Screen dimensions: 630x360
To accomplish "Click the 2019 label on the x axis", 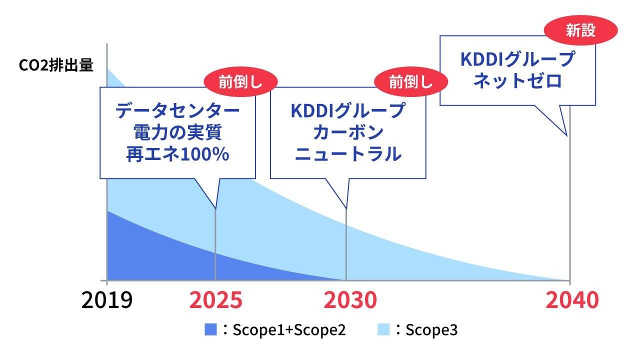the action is (x=107, y=300).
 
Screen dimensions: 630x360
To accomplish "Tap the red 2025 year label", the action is (x=215, y=300).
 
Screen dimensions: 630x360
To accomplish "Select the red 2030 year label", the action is (x=350, y=300).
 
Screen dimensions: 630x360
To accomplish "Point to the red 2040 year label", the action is (x=572, y=300).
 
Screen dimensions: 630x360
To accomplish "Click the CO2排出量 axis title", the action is (x=56, y=65).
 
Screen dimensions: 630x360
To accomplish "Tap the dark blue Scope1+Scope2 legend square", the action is (x=210, y=329).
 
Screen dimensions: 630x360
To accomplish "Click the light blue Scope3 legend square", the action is (x=383, y=329).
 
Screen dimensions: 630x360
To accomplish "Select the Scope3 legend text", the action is (x=431, y=330).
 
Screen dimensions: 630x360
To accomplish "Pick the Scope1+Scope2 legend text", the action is (x=289, y=330).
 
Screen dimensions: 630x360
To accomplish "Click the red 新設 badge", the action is (x=581, y=30).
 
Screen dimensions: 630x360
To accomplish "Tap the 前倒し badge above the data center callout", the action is (x=241, y=82).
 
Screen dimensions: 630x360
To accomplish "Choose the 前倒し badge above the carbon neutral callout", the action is (x=411, y=82).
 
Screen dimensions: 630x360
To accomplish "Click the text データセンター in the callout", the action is (x=178, y=110).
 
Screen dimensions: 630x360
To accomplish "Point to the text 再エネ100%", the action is (x=178, y=154).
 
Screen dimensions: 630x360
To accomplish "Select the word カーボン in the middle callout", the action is (x=348, y=132).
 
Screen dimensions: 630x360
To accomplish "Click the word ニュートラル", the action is (x=348, y=154).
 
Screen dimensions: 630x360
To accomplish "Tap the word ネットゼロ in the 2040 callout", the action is (x=518, y=80).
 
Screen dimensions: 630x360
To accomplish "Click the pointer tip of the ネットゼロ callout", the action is (x=567, y=136).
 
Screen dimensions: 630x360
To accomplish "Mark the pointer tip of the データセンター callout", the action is (x=215, y=209).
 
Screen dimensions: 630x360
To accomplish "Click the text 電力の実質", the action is (x=178, y=132).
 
